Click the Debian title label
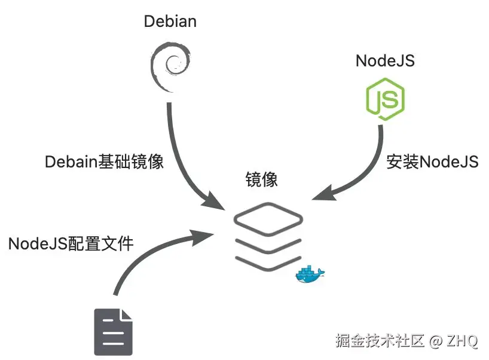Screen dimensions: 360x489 [x=170, y=22]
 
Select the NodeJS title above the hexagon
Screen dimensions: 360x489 [x=385, y=60]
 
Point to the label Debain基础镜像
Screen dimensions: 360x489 [x=104, y=162]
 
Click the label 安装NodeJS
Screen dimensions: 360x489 [x=432, y=162]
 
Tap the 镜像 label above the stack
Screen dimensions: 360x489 [x=261, y=179]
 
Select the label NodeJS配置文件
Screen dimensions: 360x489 [x=71, y=243]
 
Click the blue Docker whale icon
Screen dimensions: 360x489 [x=309, y=274]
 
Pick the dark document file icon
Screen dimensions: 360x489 [x=112, y=332]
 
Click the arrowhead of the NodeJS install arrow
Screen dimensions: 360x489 [x=323, y=195]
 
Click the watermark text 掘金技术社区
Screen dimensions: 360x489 [x=379, y=341]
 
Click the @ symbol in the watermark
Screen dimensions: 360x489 [x=436, y=341]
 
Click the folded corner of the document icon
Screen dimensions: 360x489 [x=126, y=315]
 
